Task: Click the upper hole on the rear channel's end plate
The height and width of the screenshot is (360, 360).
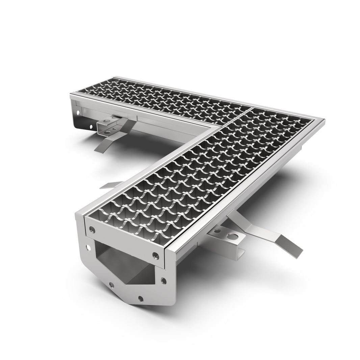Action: pos(78,112)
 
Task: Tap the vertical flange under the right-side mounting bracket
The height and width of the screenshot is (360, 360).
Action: pos(240,253)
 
